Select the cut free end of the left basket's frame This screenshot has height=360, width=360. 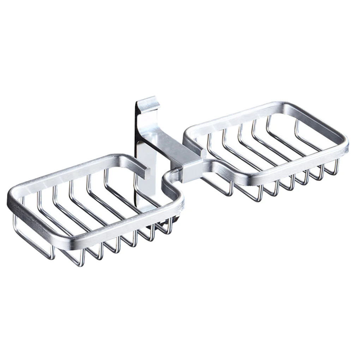(145, 172)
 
